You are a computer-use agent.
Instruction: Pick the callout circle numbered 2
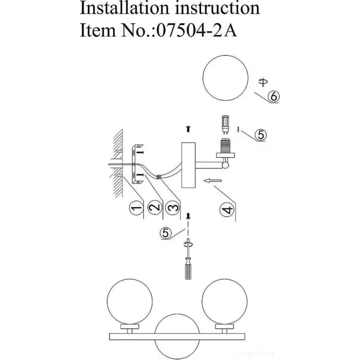153,208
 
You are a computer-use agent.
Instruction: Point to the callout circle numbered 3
173,208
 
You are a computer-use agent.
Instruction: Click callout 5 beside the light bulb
261,135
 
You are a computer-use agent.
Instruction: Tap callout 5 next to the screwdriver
166,233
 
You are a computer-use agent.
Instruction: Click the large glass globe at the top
224,79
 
